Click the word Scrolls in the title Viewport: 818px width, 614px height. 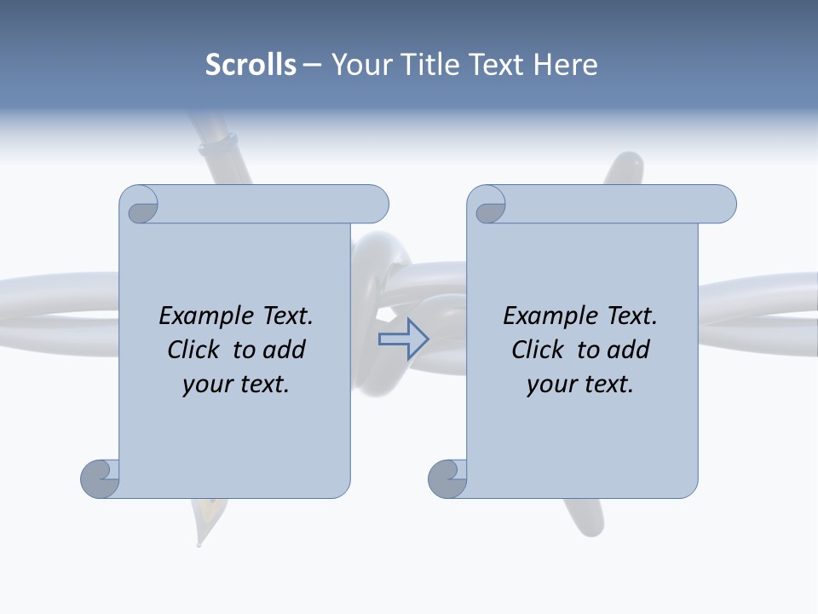tap(251, 65)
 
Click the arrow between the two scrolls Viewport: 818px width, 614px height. tap(403, 339)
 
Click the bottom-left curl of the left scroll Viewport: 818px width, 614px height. tap(101, 478)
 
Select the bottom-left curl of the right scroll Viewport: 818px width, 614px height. tap(448, 478)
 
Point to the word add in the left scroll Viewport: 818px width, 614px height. tap(285, 350)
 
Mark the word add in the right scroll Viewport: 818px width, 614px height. tap(629, 350)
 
